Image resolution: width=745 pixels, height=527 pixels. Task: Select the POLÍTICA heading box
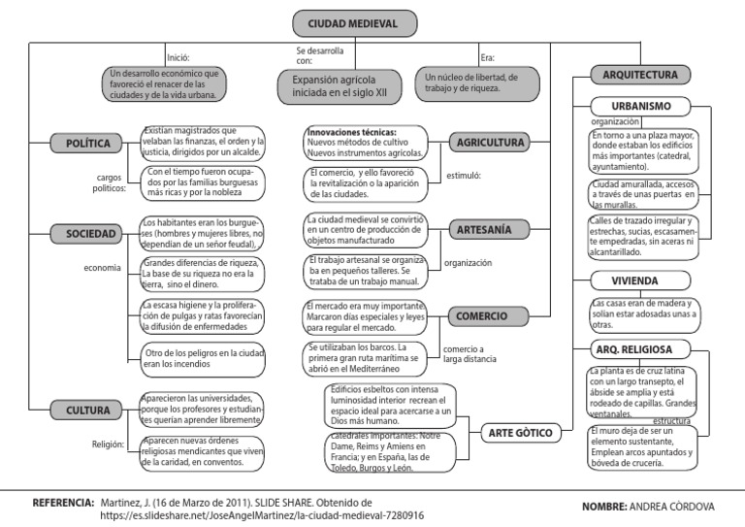[x=85, y=144]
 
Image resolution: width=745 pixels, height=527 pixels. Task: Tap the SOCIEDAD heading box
[x=85, y=233]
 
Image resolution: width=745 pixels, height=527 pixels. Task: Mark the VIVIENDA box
[x=642, y=281]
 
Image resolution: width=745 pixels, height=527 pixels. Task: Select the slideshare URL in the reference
[x=262, y=516]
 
